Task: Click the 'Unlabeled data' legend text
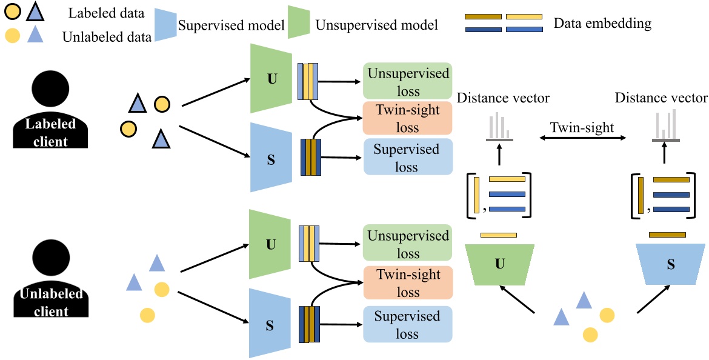click(x=107, y=37)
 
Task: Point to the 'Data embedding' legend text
click(x=602, y=24)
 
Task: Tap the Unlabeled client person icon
click(x=51, y=279)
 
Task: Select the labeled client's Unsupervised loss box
click(x=408, y=81)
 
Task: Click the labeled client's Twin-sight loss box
click(x=408, y=118)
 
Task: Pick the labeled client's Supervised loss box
click(x=408, y=156)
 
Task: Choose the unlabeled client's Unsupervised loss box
click(x=408, y=244)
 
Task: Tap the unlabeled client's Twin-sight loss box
click(x=408, y=283)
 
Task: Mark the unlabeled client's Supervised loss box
click(x=408, y=324)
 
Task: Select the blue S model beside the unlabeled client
click(x=271, y=322)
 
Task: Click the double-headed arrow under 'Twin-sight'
click(x=582, y=139)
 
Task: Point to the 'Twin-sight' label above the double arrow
click(x=582, y=128)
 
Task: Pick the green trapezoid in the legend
click(x=298, y=24)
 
